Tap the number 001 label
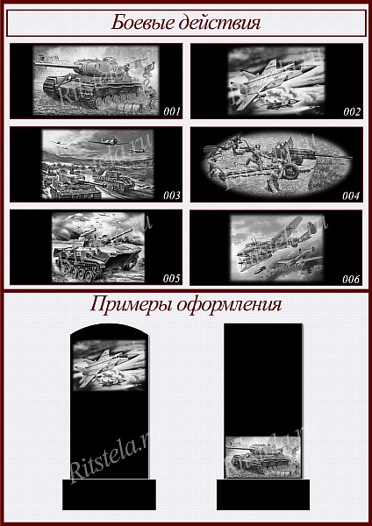(172, 111)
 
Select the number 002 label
(352, 111)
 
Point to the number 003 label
(172, 195)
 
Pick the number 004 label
(351, 195)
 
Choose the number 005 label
(172, 278)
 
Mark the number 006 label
(351, 279)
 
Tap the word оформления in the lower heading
(229, 305)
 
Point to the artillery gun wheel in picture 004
(290, 170)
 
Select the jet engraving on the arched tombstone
(110, 365)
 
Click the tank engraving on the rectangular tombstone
(263, 457)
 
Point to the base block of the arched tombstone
(109, 494)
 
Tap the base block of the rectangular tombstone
(263, 494)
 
